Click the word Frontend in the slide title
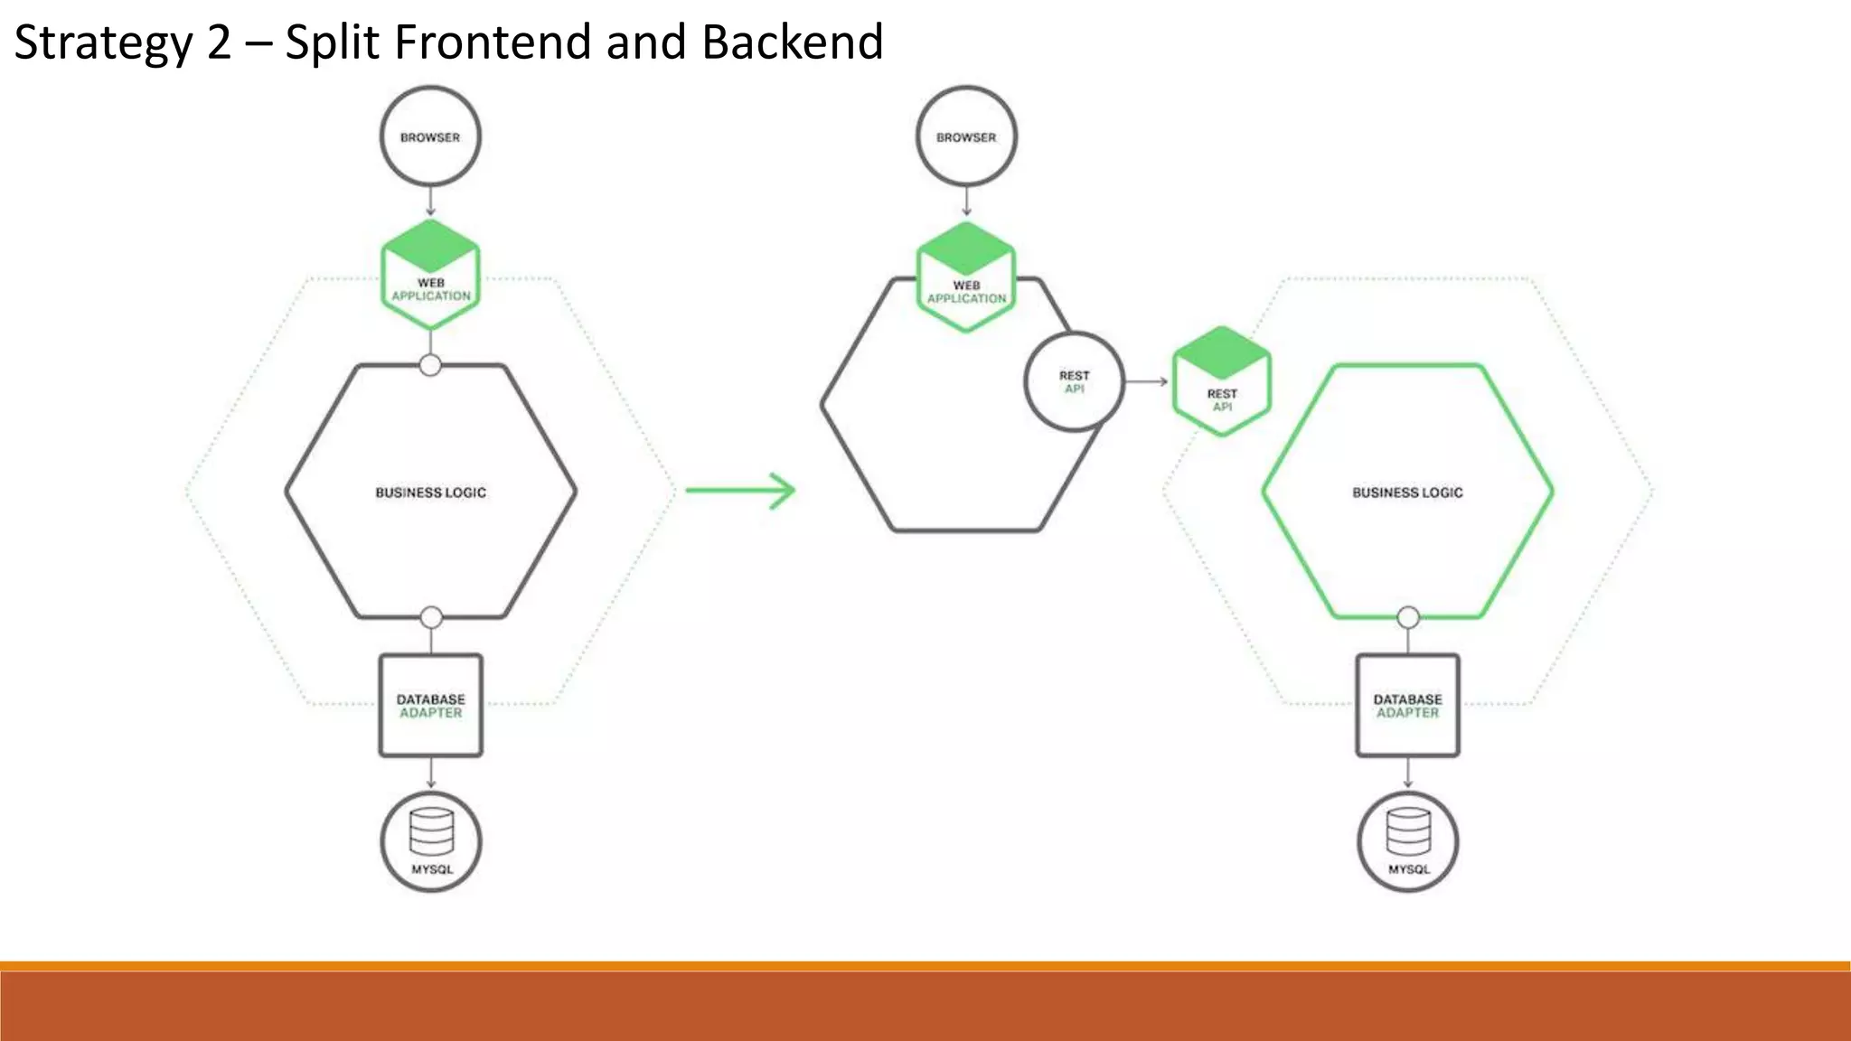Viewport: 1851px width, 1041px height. (493, 42)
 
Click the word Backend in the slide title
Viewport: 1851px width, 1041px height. (792, 42)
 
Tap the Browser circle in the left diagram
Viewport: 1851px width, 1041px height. (430, 136)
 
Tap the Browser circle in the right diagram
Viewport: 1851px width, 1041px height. (966, 136)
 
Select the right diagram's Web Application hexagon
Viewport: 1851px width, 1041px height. (966, 277)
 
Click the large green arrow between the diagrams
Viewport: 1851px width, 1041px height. (740, 491)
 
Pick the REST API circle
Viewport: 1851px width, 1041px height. (1074, 381)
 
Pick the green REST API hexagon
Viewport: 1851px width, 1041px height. (1222, 382)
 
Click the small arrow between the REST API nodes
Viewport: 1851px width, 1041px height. (1147, 381)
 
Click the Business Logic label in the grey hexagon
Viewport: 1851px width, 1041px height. (430, 492)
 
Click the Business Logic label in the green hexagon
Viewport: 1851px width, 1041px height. (1407, 492)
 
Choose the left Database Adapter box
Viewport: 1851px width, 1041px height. (430, 706)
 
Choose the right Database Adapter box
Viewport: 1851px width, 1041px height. (1407, 706)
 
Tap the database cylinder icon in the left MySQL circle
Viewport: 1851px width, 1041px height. (431, 831)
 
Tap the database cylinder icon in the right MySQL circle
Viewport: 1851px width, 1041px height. (1408, 831)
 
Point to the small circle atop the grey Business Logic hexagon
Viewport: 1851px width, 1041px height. (430, 365)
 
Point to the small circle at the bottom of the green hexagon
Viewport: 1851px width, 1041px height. (1408, 618)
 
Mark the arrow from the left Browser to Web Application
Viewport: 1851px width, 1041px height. (430, 201)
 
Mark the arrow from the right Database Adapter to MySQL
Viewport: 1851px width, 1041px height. (1407, 774)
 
